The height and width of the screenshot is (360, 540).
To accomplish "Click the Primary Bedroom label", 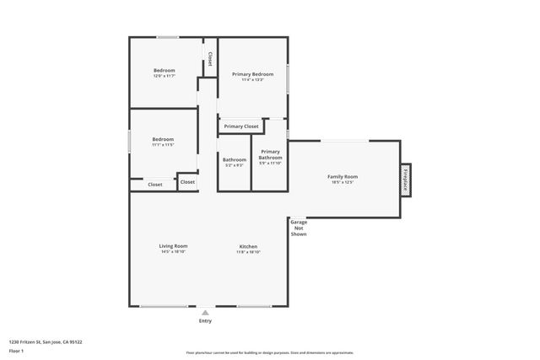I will tap(252, 74).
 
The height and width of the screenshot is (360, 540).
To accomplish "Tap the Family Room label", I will tap(343, 176).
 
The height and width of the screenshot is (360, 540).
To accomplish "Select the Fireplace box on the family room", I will tap(406, 180).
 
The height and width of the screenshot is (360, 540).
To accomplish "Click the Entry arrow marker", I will tap(205, 312).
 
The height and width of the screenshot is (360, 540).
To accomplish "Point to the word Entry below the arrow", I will tap(205, 321).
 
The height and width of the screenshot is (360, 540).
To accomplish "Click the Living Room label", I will tap(173, 246).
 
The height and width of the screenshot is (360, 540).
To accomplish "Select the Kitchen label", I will tap(247, 246).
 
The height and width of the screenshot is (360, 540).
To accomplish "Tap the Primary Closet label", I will tap(241, 126).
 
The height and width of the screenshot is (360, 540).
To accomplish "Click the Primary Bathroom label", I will tap(270, 154).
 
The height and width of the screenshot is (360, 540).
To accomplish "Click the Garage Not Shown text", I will tap(299, 228).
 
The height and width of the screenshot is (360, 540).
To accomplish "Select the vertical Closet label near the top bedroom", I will tap(209, 60).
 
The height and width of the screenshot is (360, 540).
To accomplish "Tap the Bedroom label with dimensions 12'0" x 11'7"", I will tap(164, 70).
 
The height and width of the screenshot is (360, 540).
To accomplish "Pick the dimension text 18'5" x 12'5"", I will tap(343, 182).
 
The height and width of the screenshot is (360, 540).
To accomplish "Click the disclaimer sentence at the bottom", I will tap(269, 352).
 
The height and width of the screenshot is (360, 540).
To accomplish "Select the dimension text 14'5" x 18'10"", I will tap(173, 252).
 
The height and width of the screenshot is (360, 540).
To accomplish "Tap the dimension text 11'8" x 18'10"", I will tap(247, 252).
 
